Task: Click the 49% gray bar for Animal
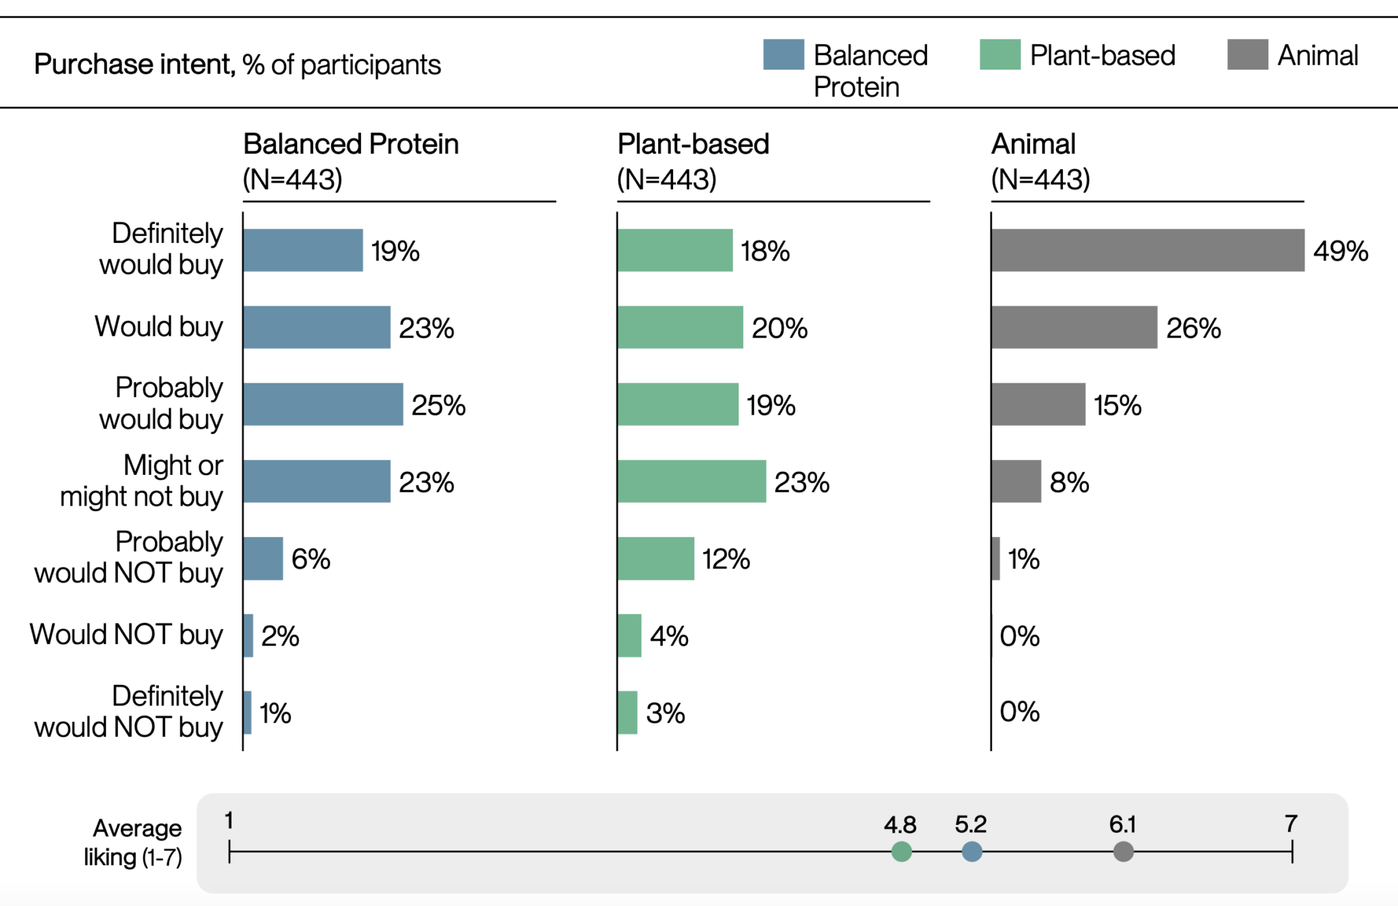tap(1147, 250)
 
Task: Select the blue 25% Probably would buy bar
tap(323, 405)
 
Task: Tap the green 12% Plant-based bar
tap(655, 559)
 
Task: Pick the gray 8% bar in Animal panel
tap(1016, 482)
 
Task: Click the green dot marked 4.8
tap(901, 851)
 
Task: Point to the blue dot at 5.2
tap(971, 851)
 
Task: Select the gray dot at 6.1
tap(1123, 851)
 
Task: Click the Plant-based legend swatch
tap(999, 55)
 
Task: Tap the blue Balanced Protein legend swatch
tap(783, 55)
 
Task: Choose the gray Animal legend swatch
tap(1247, 55)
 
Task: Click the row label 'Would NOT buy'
tap(126, 634)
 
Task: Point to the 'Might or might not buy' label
tap(141, 481)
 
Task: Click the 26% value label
tap(1193, 328)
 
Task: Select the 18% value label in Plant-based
tap(765, 251)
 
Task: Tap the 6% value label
tap(311, 559)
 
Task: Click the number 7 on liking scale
tap(1290, 823)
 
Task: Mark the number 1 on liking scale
tap(229, 821)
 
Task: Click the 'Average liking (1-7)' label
tap(133, 843)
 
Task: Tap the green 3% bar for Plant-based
tap(627, 713)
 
